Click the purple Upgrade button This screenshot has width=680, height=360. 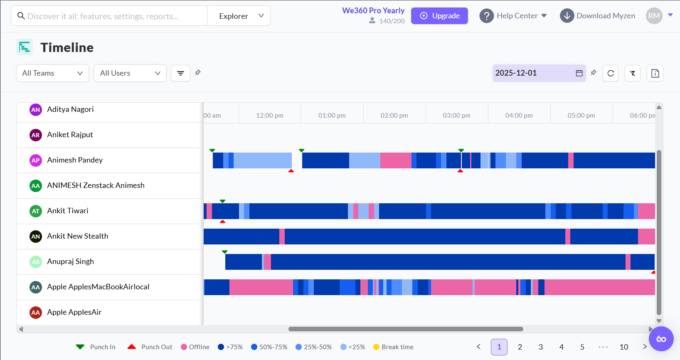tap(439, 16)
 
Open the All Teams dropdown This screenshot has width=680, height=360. tap(52, 73)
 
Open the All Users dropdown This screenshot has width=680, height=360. tap(130, 73)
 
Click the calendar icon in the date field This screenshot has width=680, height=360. tap(579, 73)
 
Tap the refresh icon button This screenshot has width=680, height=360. tap(611, 73)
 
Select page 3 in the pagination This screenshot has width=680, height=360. tap(541, 347)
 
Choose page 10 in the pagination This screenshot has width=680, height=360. tap(624, 347)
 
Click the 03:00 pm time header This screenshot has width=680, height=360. tap(456, 116)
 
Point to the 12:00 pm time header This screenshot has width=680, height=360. tap(269, 116)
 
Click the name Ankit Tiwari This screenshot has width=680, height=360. tap(68, 211)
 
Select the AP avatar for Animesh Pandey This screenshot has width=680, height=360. tap(36, 160)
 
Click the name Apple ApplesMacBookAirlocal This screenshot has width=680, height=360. tap(98, 287)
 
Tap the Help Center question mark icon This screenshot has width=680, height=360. tap(486, 16)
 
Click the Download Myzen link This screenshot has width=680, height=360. tap(605, 16)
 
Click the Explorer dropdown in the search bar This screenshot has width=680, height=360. tap(239, 16)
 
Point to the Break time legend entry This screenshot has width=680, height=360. tap(393, 347)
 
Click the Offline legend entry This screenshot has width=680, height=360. tap(195, 347)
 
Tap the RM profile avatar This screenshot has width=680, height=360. tap(654, 16)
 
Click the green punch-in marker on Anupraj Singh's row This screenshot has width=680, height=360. tap(224, 252)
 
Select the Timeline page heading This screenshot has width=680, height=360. tap(67, 47)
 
